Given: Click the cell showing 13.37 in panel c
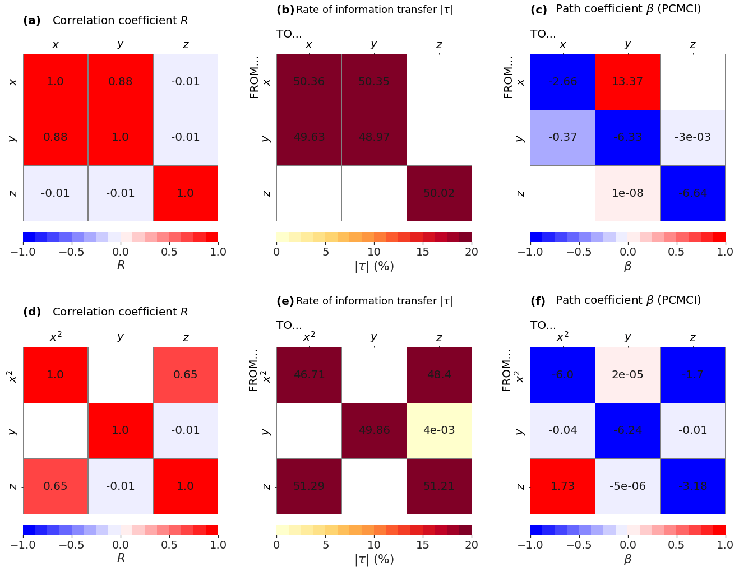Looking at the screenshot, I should tap(627, 82).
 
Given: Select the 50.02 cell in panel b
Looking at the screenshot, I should tap(439, 193).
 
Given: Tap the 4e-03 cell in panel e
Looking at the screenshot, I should tap(439, 430).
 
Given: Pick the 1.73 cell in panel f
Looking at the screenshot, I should tap(562, 486).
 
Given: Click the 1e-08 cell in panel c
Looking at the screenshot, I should tap(627, 193).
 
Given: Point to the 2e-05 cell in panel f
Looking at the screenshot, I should tap(627, 375).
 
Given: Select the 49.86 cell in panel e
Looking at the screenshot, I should tap(374, 430).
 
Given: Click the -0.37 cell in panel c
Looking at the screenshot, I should tap(562, 137).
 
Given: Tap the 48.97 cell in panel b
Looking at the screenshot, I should tap(374, 137).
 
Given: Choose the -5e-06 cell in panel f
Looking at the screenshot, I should tap(627, 486).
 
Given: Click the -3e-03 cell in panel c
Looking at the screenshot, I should tap(692, 137).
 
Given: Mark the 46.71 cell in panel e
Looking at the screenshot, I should tap(309, 375).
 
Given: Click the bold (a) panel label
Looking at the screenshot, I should tap(32, 21).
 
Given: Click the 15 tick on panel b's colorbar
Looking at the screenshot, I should tap(423, 252).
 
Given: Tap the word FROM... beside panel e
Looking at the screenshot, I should tap(254, 370).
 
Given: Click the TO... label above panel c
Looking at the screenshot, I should tap(543, 34).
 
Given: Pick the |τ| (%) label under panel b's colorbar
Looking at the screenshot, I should tap(374, 267).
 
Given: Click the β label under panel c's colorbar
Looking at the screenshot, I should tap(627, 267).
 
